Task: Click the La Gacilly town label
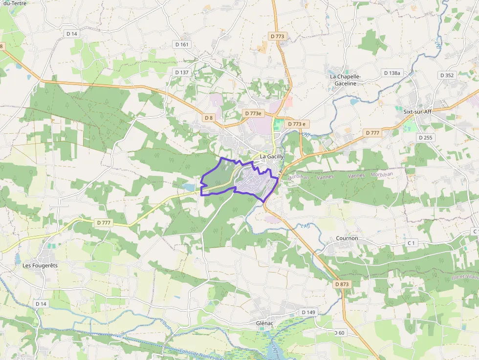tap(272, 156)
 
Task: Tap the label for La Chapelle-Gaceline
tap(345, 80)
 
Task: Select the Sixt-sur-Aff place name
tap(417, 111)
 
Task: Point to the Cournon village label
tap(347, 238)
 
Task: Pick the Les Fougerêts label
tap(40, 265)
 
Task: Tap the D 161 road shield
tap(181, 44)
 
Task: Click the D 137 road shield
tap(181, 72)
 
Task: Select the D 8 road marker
tap(209, 118)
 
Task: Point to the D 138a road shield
tap(391, 73)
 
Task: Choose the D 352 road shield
tap(447, 75)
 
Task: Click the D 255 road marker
tap(426, 138)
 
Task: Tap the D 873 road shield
tap(343, 284)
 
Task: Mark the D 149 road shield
tap(308, 312)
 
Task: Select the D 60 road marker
tap(339, 333)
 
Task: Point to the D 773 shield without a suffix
tap(277, 36)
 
